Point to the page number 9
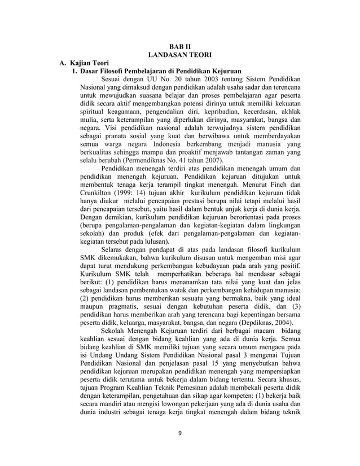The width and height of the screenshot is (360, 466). pyautogui.click(x=180, y=434)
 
